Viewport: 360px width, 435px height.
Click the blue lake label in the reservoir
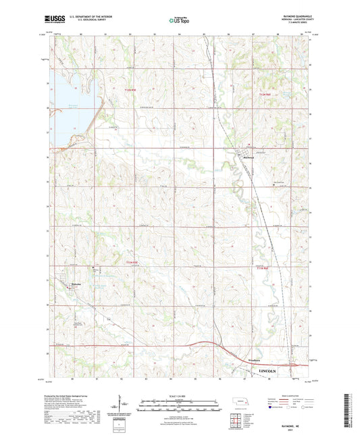68,105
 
